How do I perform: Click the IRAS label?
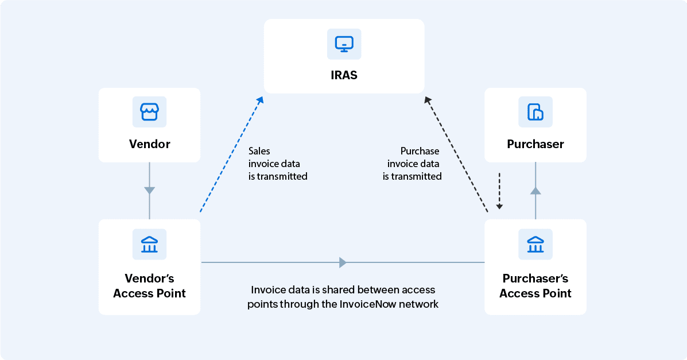click(344, 75)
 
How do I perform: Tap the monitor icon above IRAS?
click(344, 43)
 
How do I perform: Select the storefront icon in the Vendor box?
click(149, 111)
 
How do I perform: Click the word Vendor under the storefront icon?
click(149, 144)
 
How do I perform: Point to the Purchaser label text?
click(535, 144)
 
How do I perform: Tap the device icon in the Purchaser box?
click(535, 111)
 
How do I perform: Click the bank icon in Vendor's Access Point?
click(149, 244)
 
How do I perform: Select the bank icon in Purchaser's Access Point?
click(535, 244)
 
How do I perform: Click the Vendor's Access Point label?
click(149, 285)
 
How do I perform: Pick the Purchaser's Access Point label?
click(535, 285)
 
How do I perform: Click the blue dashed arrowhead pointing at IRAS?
click(260, 100)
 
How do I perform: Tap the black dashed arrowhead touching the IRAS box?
click(428, 100)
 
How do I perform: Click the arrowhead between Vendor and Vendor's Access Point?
click(149, 190)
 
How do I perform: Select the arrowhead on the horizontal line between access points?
click(343, 262)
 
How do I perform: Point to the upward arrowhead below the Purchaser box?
click(535, 191)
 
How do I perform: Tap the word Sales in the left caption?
click(259, 151)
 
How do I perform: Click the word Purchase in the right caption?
click(420, 151)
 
